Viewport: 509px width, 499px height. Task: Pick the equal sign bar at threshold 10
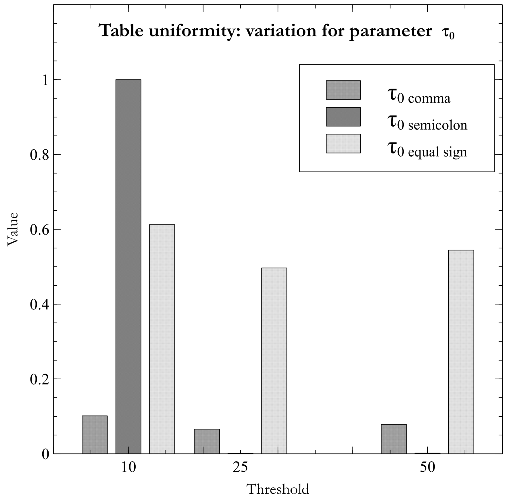(x=162, y=339)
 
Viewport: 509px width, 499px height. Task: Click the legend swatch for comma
(x=343, y=90)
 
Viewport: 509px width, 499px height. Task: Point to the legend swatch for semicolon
(x=343, y=117)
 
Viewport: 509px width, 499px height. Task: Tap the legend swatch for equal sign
(x=343, y=144)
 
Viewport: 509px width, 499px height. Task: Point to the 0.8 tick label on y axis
(x=40, y=155)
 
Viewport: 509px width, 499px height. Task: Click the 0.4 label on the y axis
(x=40, y=305)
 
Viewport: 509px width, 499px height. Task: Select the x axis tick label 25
(x=240, y=467)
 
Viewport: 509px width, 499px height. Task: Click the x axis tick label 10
(x=128, y=467)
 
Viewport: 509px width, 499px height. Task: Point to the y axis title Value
(x=12, y=229)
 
